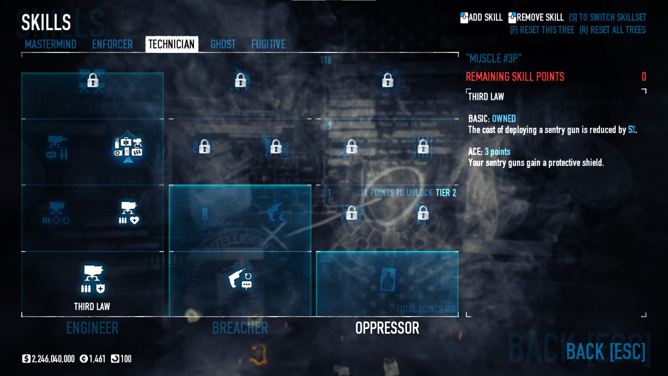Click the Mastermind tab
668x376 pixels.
(50, 44)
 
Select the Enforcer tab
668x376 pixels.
(112, 44)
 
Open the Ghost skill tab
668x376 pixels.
(223, 44)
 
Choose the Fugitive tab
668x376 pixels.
(268, 44)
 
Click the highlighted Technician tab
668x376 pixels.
(172, 44)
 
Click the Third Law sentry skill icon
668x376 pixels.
(93, 279)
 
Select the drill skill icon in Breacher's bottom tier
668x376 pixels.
(240, 279)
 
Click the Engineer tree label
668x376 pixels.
(93, 328)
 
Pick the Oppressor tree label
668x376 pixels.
(387, 328)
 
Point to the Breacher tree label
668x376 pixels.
(240, 328)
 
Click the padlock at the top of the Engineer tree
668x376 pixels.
(93, 81)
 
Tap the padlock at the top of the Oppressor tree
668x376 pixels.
(388, 81)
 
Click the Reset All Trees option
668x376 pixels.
(612, 30)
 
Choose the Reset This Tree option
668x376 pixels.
(542, 30)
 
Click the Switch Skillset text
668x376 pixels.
(607, 17)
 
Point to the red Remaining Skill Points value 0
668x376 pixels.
(644, 77)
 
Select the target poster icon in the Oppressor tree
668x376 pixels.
(387, 279)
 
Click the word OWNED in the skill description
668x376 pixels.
(504, 119)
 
